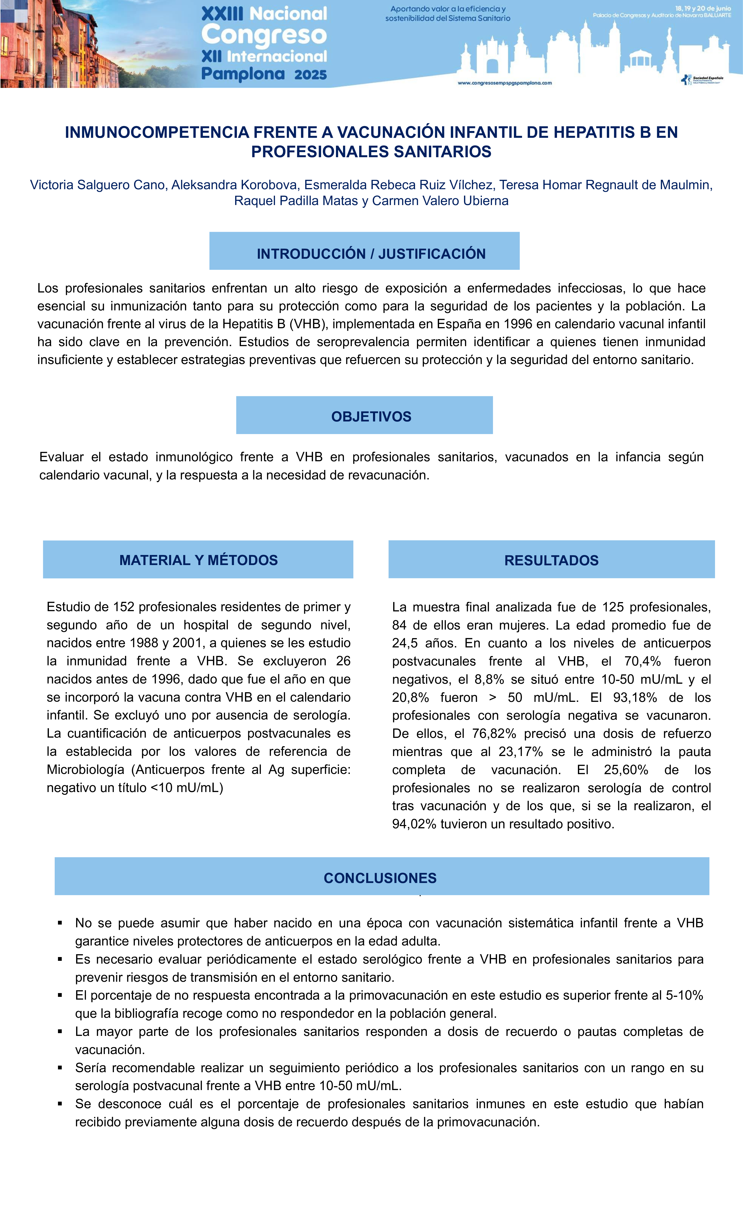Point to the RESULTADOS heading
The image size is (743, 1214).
coord(551,560)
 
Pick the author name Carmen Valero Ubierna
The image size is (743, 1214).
coord(440,201)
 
